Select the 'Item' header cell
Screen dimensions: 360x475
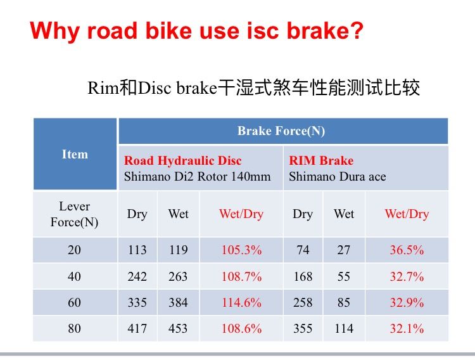75,154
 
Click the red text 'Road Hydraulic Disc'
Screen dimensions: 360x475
183,161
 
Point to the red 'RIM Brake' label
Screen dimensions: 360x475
321,161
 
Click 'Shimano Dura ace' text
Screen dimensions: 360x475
337,177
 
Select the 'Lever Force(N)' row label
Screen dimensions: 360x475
75,214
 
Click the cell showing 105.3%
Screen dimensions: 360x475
241,250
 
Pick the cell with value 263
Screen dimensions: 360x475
178,277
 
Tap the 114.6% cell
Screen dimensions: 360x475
241,303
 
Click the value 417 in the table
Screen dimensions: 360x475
137,329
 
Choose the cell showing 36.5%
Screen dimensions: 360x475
407,250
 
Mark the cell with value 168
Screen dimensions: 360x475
303,277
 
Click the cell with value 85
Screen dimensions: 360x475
344,303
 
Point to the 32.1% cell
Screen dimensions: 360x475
407,329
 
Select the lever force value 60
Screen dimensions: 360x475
75,303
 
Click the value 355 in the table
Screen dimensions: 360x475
303,329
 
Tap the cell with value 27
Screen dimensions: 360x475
344,250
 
